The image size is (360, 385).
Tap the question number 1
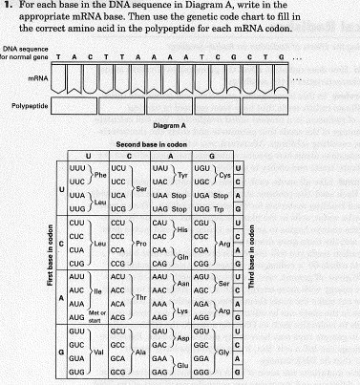(8, 6)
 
